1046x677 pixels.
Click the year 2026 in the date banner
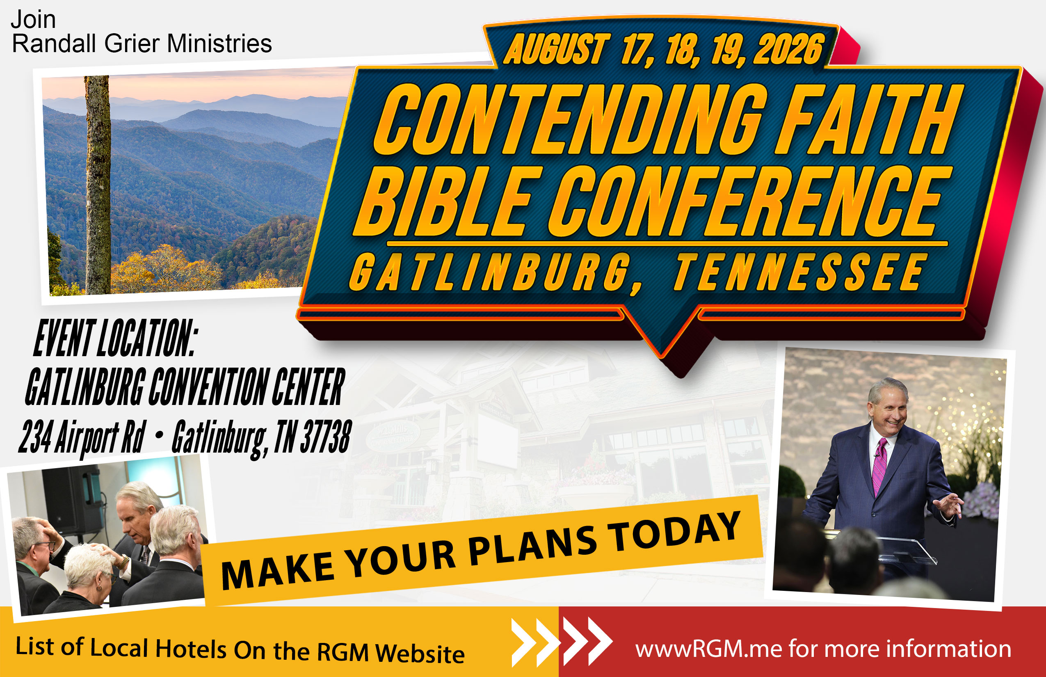[789, 49]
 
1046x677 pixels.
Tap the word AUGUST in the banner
[556, 49]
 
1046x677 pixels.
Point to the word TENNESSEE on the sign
[798, 272]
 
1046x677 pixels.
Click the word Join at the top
[33, 20]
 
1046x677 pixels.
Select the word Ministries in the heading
[219, 43]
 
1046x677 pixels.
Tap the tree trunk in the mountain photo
[98, 185]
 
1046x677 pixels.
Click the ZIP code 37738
[326, 436]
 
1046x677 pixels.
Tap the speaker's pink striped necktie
[879, 466]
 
